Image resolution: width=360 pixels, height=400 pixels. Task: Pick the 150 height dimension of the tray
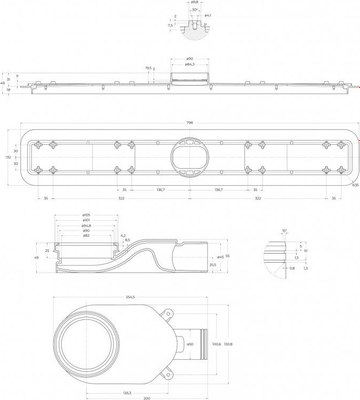[8, 156]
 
